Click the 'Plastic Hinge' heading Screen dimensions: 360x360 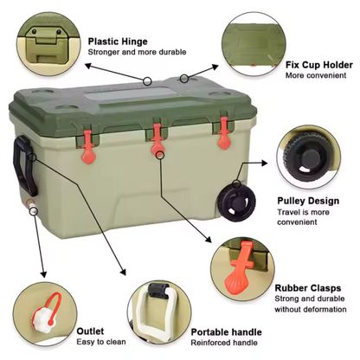click(117, 41)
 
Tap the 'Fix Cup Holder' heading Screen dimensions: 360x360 click(319, 64)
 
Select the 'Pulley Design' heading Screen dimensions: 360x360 click(308, 201)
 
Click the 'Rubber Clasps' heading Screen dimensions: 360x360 click(309, 289)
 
